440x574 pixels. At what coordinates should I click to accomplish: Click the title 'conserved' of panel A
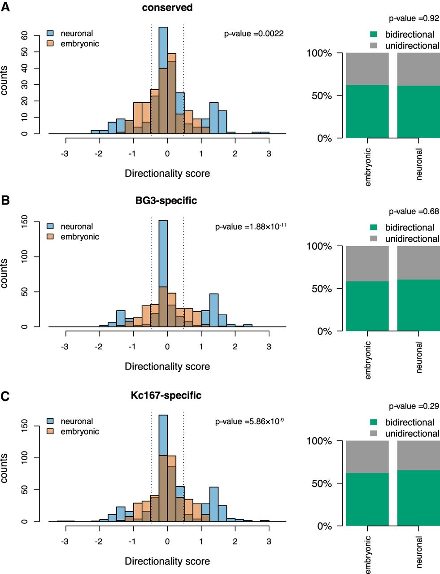[167, 8]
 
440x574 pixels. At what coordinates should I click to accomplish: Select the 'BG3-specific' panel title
[166, 200]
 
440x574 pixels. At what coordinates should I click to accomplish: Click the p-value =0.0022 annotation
[254, 34]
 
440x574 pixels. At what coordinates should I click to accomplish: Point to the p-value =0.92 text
[414, 19]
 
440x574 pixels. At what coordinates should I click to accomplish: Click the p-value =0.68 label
[414, 212]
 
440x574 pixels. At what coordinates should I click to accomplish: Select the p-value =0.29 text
[414, 406]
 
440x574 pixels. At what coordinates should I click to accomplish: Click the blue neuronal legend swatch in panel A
[51, 34]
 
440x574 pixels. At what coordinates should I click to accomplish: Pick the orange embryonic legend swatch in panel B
[51, 237]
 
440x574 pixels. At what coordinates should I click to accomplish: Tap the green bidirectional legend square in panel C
[374, 422]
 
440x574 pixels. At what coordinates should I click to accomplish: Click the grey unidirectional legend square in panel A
[374, 46]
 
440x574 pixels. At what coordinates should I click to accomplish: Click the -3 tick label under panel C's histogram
[65, 541]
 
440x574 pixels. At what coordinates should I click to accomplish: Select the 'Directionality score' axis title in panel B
[167, 366]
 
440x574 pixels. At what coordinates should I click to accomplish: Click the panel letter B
[5, 200]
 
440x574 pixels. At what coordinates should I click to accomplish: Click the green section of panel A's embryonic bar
[367, 112]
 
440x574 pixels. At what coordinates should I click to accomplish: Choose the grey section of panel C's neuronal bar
[418, 455]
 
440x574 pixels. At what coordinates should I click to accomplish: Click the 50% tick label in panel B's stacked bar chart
[322, 289]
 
